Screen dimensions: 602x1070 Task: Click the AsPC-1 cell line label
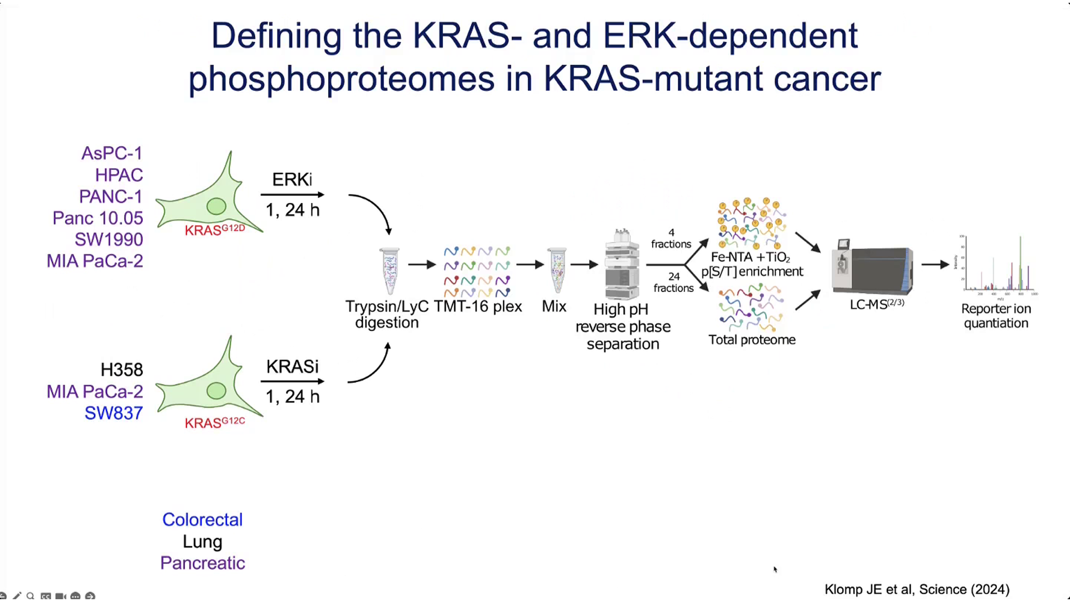coord(111,153)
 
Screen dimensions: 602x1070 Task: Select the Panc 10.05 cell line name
coord(98,218)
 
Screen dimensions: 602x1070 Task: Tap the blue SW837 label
coord(114,413)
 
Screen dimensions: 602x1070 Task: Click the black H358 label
coord(121,370)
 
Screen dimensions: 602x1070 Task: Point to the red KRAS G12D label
coord(215,230)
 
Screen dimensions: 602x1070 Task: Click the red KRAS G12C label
coord(215,423)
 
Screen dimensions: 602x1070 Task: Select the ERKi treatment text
coord(292,179)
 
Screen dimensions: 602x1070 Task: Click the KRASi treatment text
coord(292,367)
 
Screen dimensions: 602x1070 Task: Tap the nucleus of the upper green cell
coord(216,206)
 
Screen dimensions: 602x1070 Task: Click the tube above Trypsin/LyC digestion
coord(390,271)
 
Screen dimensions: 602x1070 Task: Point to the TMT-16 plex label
coord(478,307)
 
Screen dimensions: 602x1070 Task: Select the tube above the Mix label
coord(557,271)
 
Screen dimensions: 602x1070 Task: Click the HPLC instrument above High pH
coord(622,265)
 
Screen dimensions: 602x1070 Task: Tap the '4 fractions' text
coord(671,239)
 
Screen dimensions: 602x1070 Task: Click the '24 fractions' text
coord(673,282)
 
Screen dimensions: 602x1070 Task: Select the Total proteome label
coord(752,340)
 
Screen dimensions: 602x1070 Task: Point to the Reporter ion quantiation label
coord(996,316)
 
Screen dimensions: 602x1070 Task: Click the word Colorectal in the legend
coord(202,520)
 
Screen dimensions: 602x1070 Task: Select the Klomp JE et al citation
coord(917,589)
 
